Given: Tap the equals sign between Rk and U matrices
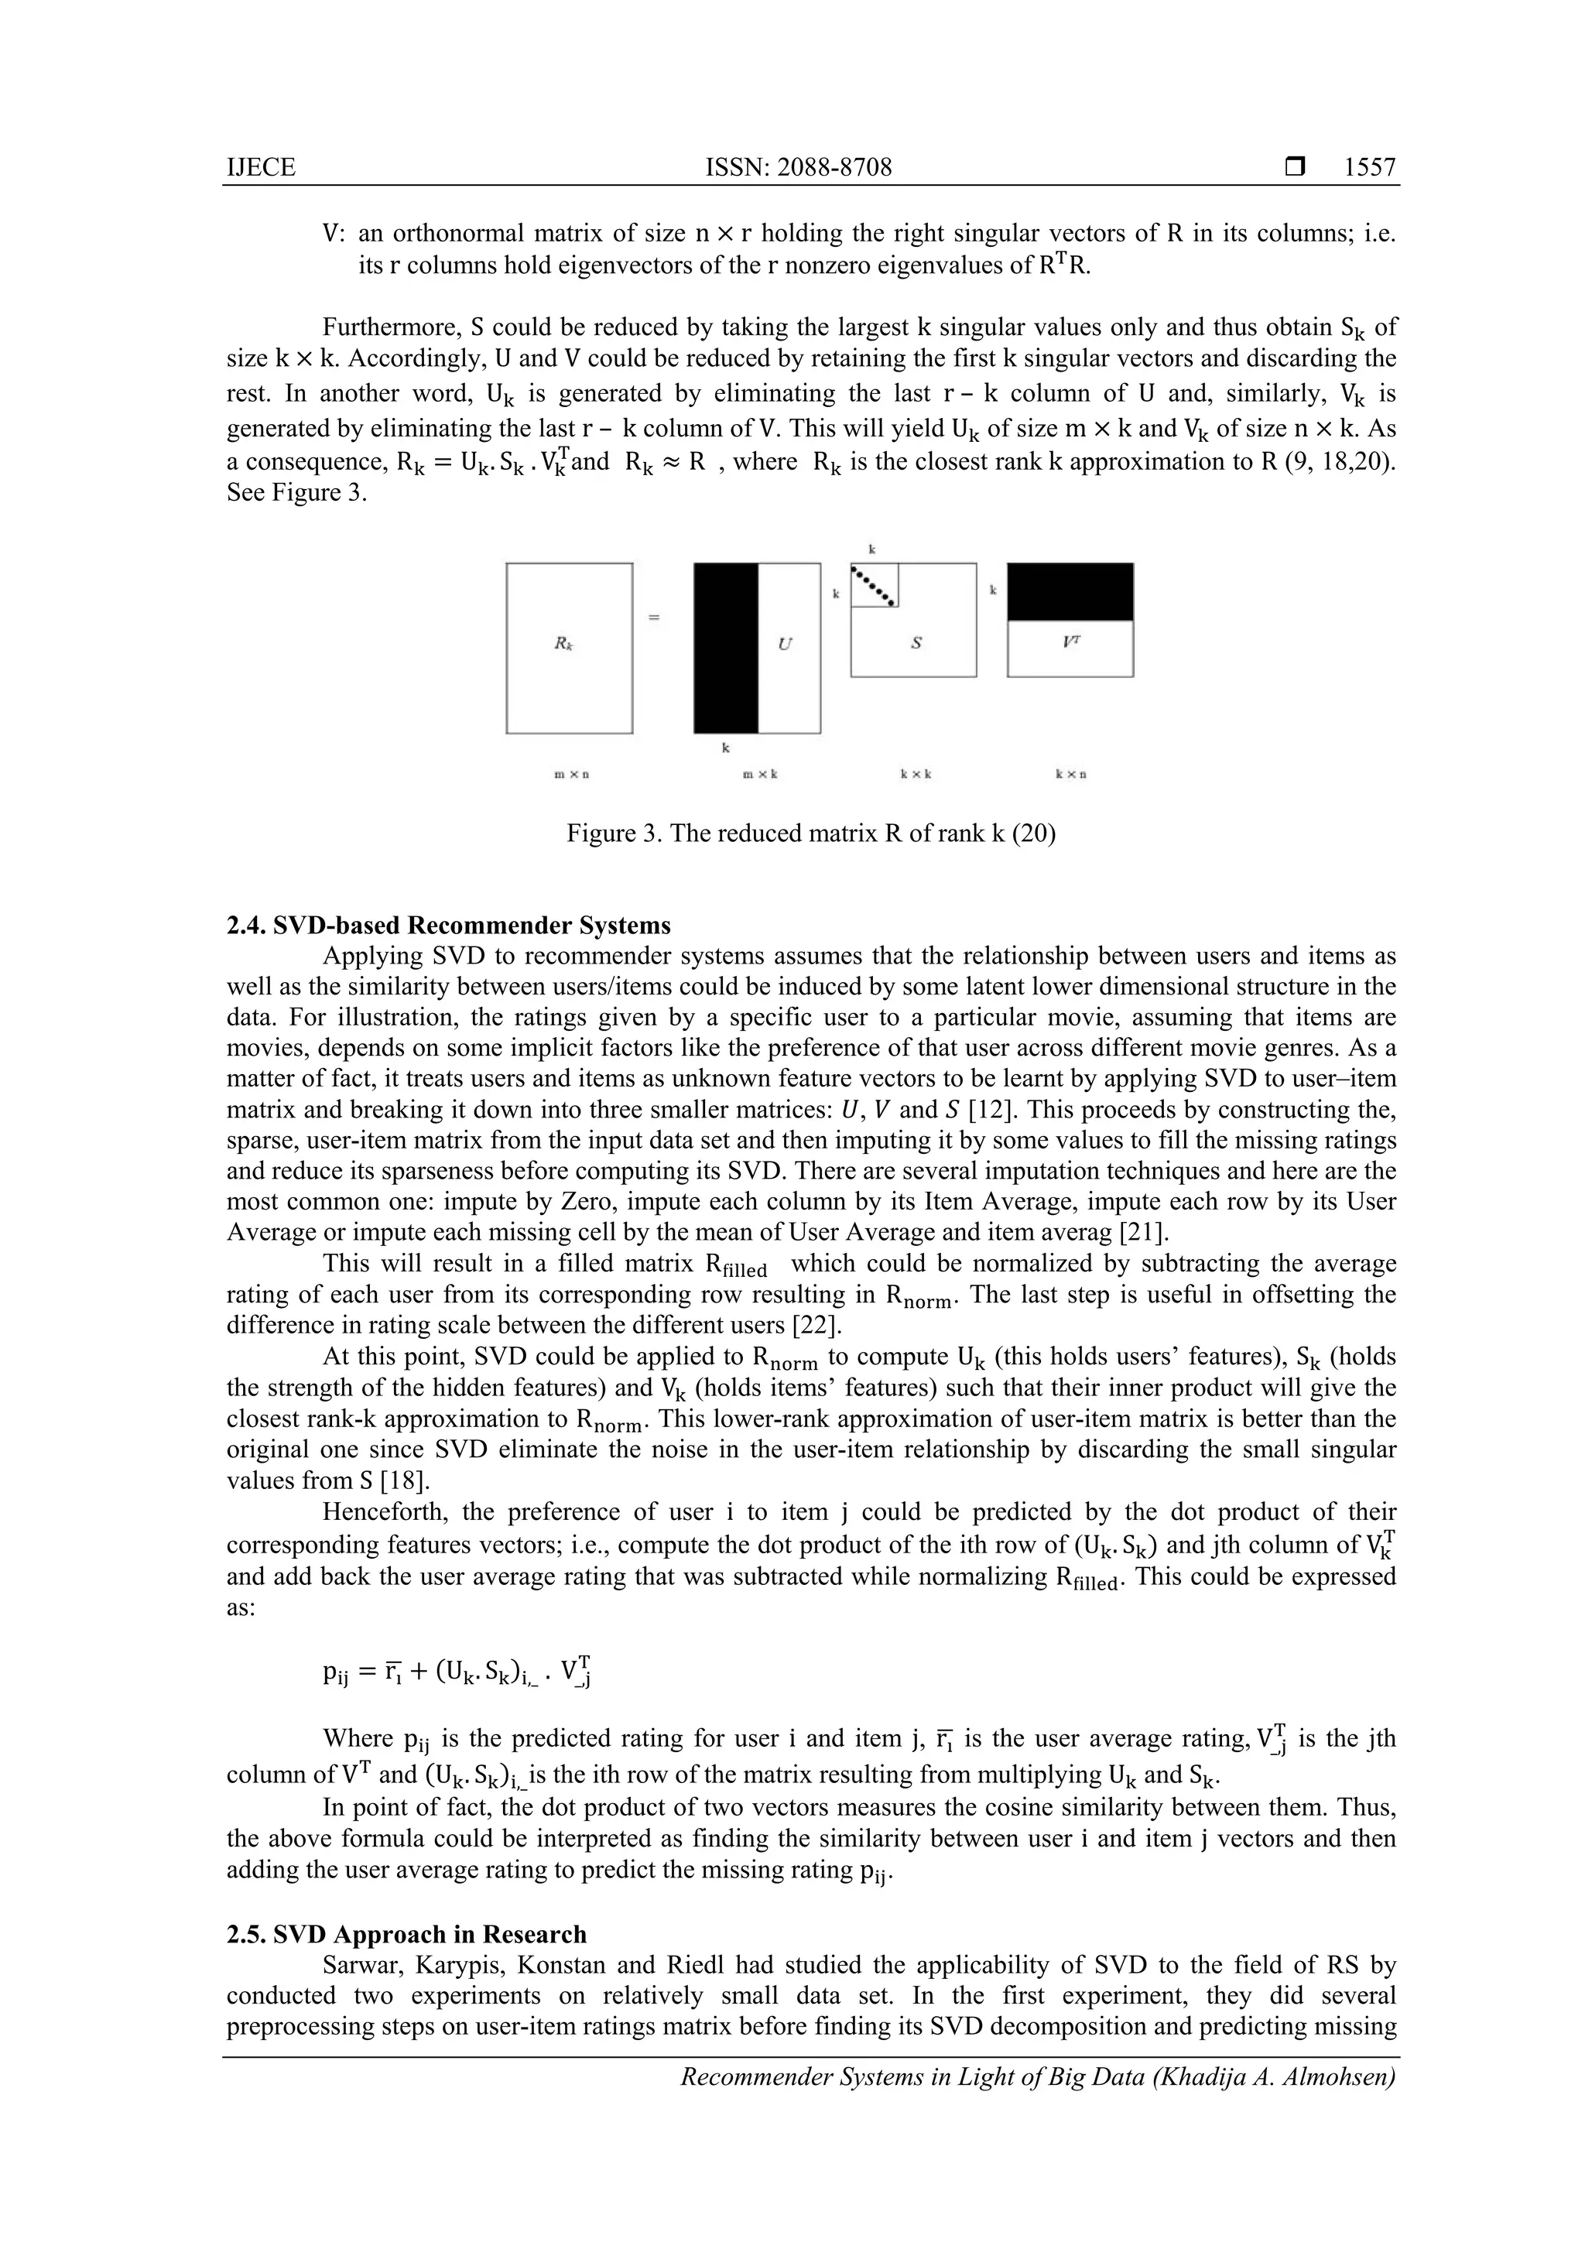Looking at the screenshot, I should pyautogui.click(x=654, y=617).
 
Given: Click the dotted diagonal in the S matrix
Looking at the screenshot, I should pyautogui.click(x=874, y=586).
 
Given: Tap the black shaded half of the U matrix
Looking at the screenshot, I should pyautogui.click(x=726, y=648).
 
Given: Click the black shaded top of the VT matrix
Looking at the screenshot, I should pyautogui.click(x=1070, y=592).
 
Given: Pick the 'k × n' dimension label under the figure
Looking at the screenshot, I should pyautogui.click(x=1071, y=775).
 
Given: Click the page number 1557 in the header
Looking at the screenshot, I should pyautogui.click(x=1369, y=168).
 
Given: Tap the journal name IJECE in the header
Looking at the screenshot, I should pyautogui.click(x=261, y=168).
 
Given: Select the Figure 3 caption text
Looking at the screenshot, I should pyautogui.click(x=810, y=834).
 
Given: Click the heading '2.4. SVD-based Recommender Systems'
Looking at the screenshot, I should pyautogui.click(x=448, y=925).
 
